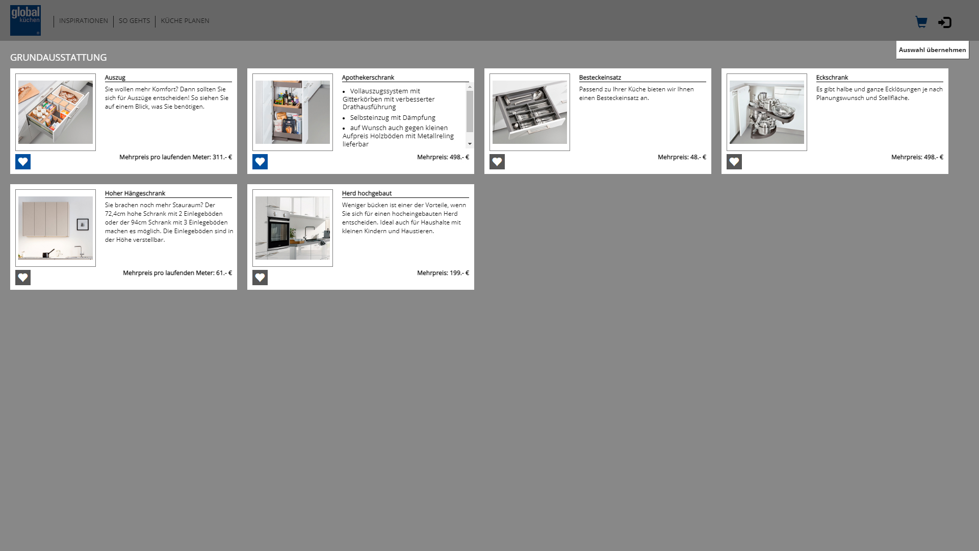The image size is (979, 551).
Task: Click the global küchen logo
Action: coord(25,20)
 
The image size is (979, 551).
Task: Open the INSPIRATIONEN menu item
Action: coord(84,21)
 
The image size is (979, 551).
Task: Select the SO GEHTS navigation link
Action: coord(135,21)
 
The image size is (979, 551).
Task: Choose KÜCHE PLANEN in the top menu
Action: coord(185,21)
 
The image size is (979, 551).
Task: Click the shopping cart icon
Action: coord(921,22)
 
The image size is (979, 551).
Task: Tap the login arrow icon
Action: coord(945,22)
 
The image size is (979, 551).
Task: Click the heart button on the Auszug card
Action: coord(23,162)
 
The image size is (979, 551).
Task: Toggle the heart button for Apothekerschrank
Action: coord(260,162)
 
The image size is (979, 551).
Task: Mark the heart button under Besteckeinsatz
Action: coord(497,162)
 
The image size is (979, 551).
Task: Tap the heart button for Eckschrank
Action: coord(734,162)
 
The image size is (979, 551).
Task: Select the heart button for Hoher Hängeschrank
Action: coord(23,278)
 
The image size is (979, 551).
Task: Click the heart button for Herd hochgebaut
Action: coord(260,278)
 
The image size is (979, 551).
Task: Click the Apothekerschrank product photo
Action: coord(293,112)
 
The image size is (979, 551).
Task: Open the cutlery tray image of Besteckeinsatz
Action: coord(530,112)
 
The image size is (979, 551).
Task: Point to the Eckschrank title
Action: coord(832,78)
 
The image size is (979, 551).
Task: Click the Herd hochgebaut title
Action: coord(367,193)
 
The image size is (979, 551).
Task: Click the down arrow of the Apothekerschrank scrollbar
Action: coord(470,144)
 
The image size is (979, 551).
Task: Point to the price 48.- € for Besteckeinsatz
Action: coord(698,157)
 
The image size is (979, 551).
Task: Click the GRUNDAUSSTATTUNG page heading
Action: coord(59,57)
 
